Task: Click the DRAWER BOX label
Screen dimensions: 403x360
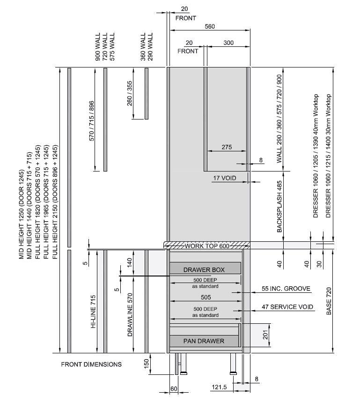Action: (x=204, y=269)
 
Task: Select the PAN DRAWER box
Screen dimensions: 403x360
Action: (x=204, y=341)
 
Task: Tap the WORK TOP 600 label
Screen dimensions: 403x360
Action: (x=207, y=246)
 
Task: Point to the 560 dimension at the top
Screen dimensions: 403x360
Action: (x=209, y=27)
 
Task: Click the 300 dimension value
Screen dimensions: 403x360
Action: (x=228, y=43)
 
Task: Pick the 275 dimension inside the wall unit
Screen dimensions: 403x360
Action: (x=227, y=147)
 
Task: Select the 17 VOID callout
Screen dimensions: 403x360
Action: (x=225, y=178)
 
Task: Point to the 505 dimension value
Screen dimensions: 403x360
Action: (x=206, y=297)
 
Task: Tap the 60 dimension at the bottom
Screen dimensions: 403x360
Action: (x=173, y=389)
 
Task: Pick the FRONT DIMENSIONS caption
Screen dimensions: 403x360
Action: (x=91, y=364)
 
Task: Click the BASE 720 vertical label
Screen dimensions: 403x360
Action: (x=329, y=301)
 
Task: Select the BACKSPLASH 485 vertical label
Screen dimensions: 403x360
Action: (x=279, y=207)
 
